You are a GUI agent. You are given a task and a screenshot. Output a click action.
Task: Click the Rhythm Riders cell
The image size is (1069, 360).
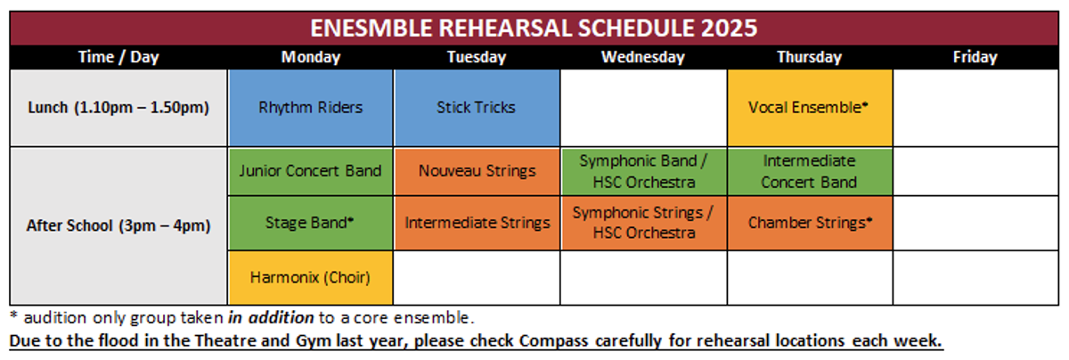click(311, 108)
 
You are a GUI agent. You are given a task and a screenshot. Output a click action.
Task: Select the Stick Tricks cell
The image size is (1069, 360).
click(477, 108)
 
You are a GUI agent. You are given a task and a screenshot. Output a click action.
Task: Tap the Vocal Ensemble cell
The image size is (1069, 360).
click(810, 108)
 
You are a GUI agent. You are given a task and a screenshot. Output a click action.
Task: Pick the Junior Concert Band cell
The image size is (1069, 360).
click(311, 171)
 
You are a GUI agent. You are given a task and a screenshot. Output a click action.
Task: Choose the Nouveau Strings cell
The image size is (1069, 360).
click(477, 171)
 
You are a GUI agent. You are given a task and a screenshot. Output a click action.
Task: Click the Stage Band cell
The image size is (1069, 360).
click(311, 223)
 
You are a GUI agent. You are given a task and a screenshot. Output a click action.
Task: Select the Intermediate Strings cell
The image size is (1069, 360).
click(477, 223)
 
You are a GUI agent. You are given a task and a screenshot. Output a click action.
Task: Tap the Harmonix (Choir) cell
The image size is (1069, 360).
click(311, 278)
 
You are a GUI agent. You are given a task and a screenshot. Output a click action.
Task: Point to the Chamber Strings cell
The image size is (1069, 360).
click(810, 223)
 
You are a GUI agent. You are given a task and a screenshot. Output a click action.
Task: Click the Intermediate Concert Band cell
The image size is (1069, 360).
click(810, 171)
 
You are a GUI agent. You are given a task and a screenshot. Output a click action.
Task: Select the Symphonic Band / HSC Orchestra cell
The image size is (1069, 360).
click(644, 171)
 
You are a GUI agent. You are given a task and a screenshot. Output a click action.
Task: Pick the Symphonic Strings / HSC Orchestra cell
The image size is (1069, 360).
click(644, 223)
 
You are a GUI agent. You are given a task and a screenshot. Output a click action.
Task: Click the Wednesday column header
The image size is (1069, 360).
click(643, 57)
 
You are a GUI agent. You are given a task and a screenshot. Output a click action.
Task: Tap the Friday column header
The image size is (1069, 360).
click(975, 57)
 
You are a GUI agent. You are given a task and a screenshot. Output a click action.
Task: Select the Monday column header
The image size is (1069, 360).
click(311, 57)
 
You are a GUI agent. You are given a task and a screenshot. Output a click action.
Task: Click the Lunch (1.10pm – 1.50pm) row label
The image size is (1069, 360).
click(118, 108)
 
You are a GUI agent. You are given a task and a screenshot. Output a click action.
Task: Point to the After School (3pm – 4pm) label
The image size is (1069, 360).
click(118, 225)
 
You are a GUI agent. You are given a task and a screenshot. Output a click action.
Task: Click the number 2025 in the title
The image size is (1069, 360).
click(729, 29)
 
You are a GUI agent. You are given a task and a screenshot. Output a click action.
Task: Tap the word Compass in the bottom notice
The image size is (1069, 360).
click(553, 341)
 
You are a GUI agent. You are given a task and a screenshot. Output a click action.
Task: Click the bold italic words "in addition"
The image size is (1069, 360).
click(271, 317)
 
